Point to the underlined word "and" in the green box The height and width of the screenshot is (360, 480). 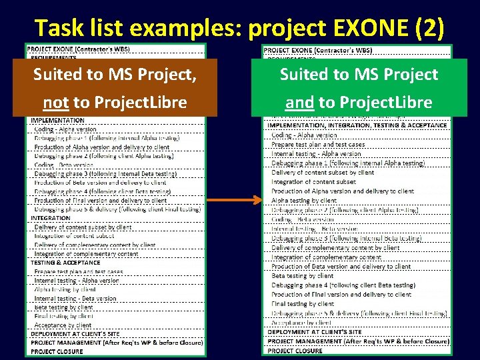coord(299,103)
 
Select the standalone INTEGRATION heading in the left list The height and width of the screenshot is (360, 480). coord(51,218)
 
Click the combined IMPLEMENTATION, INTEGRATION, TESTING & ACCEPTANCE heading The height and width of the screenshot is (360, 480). coord(357,125)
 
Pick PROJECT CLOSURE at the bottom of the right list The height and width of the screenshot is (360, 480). coord(295,351)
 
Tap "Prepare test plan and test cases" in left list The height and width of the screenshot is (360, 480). coord(79,272)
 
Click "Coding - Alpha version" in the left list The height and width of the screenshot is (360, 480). coord(65,129)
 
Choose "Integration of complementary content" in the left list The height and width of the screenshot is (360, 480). coord(86,254)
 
